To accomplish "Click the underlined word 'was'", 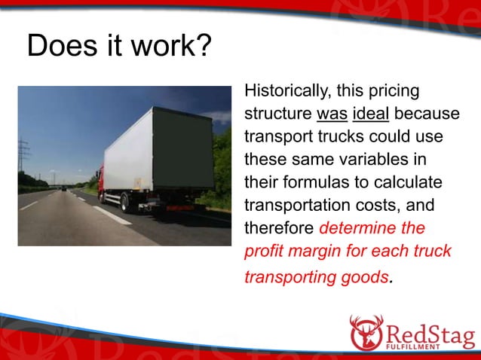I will (331, 116).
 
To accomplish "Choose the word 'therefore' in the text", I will (278, 227).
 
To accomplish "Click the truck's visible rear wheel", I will (125, 202).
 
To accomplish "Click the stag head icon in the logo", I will (367, 332).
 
